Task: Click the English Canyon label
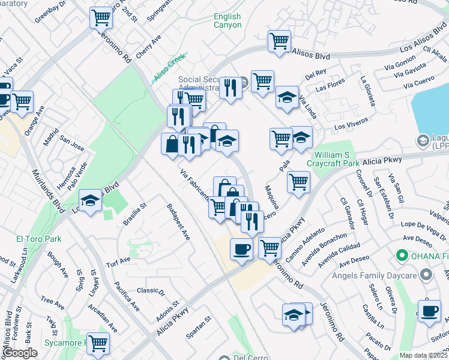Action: pos(228,21)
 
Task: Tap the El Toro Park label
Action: pos(39,239)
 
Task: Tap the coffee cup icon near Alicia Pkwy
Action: pos(241,248)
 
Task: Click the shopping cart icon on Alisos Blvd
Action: pos(279,41)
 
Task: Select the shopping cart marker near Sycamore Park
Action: pos(98,343)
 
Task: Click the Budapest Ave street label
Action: pos(179,222)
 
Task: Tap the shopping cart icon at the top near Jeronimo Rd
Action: pos(101,17)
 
